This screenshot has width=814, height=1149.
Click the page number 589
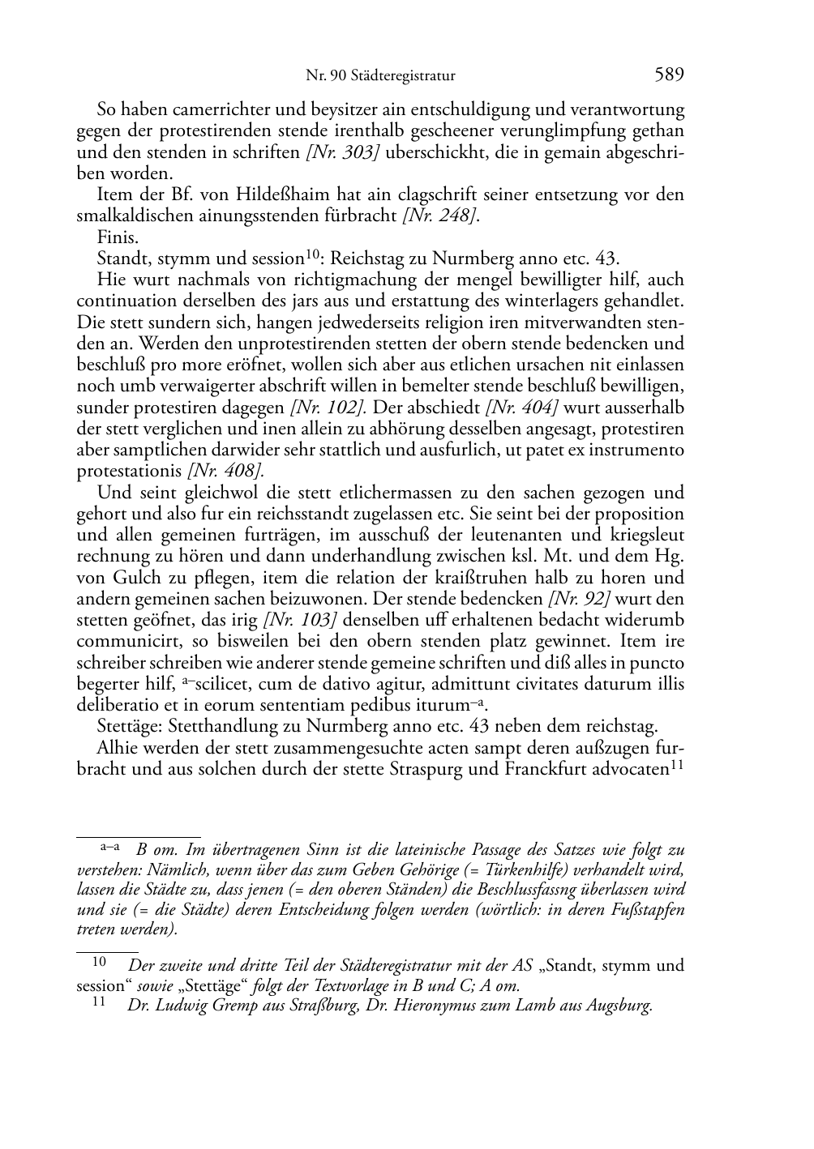pos(669,75)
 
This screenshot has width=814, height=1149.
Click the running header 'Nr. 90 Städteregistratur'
pos(380,76)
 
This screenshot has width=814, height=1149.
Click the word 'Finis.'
pos(118,237)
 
